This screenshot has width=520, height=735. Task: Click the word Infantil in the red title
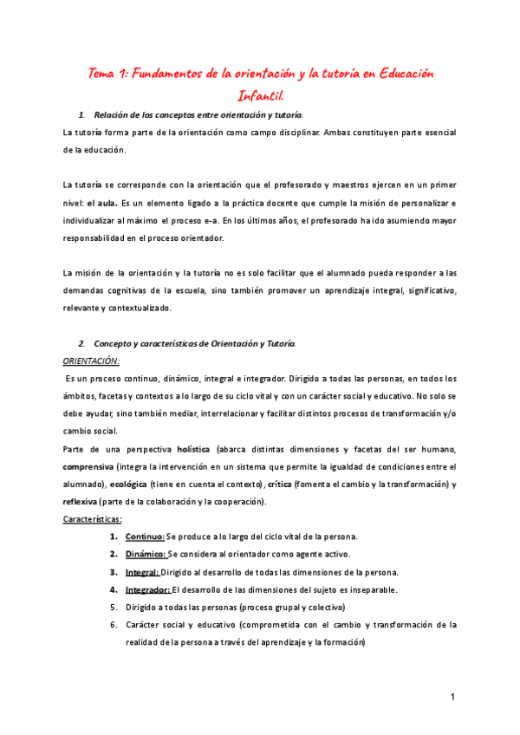click(x=260, y=94)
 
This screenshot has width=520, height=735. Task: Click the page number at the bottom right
click(x=452, y=698)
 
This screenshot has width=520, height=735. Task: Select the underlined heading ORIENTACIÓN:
click(x=92, y=361)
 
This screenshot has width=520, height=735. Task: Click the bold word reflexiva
click(x=81, y=502)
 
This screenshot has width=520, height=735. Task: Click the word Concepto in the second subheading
click(x=114, y=343)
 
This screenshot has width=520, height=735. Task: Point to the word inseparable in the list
click(x=368, y=589)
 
